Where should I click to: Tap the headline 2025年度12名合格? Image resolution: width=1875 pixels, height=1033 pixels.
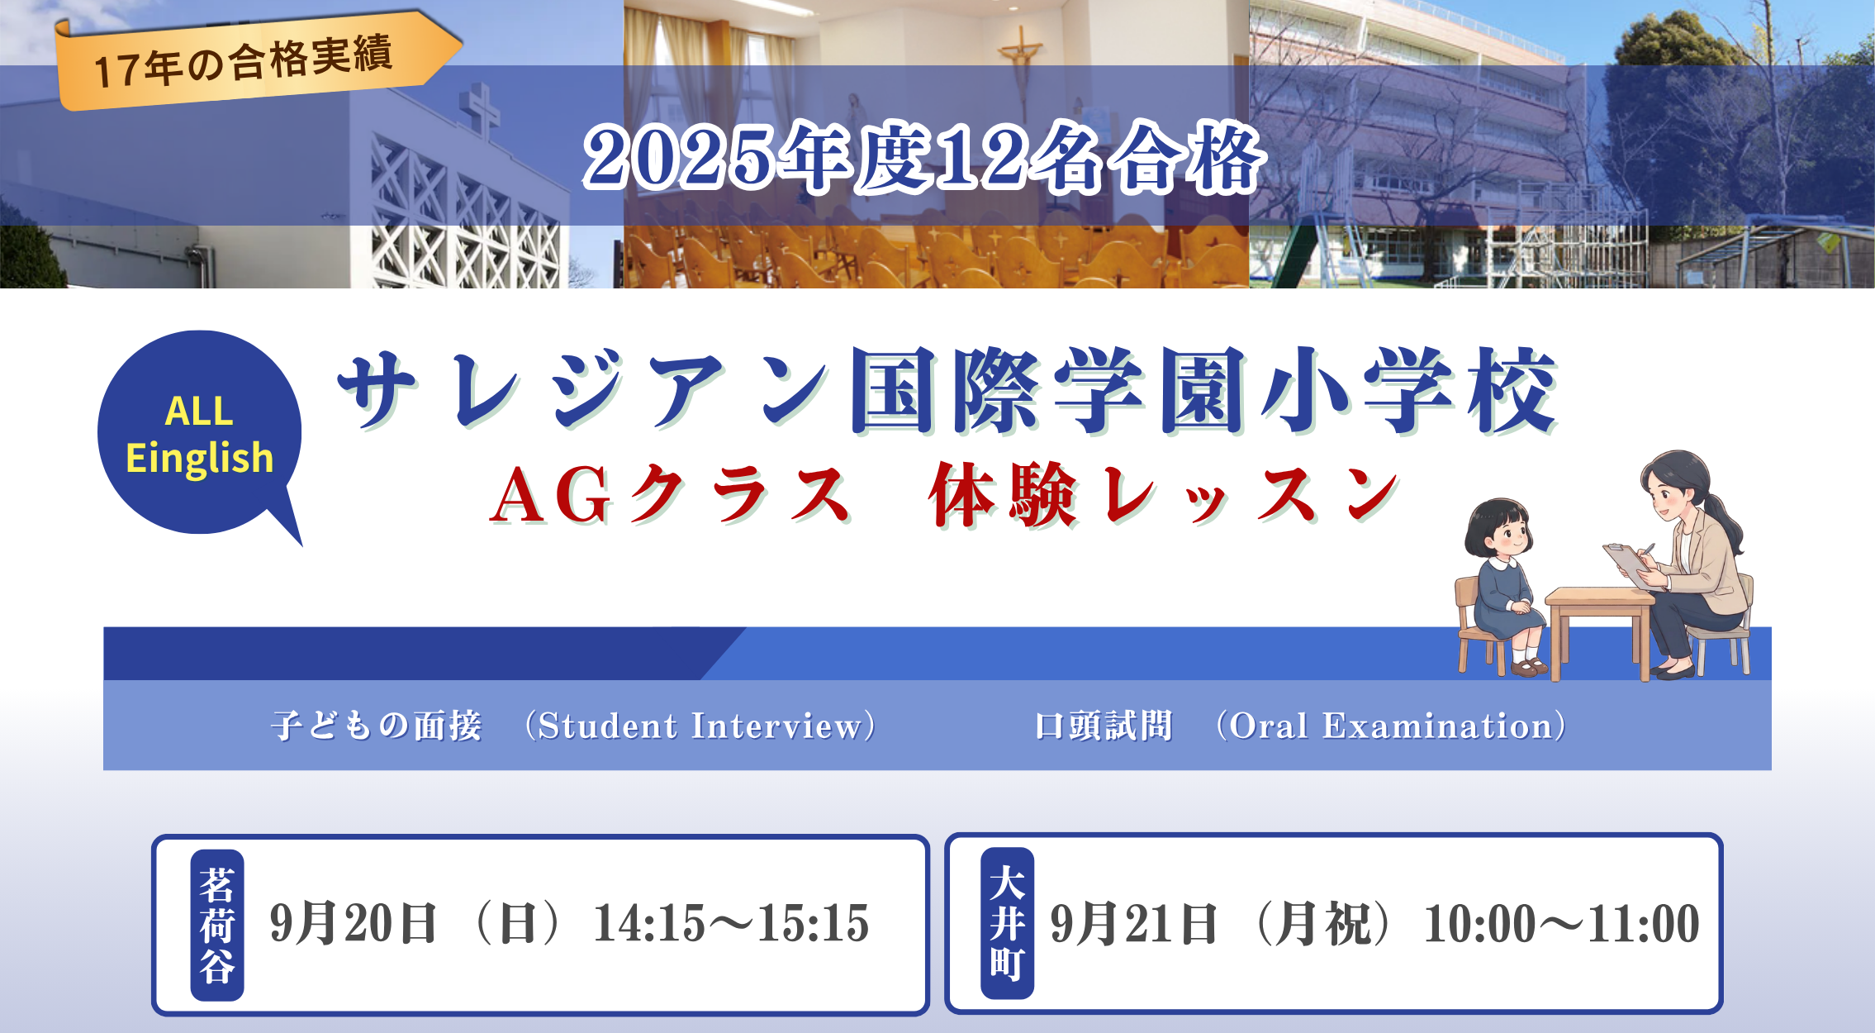click(923, 157)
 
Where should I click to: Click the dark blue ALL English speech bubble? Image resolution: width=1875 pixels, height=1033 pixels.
click(200, 435)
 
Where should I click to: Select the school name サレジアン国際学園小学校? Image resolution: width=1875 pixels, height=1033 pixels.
click(948, 390)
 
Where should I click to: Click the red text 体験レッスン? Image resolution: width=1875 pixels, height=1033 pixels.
click(1163, 494)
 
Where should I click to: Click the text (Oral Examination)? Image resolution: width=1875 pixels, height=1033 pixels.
click(1391, 726)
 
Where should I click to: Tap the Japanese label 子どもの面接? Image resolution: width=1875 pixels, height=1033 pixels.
click(377, 726)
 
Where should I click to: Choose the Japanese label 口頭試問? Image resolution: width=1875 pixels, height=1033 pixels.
click(1104, 726)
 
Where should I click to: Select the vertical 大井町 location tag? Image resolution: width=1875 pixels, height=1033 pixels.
click(1008, 923)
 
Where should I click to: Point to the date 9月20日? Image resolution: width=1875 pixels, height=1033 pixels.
click(354, 923)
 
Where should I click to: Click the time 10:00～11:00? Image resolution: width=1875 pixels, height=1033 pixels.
click(1561, 923)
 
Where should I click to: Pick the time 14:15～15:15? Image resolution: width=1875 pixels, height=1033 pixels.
click(732, 923)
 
